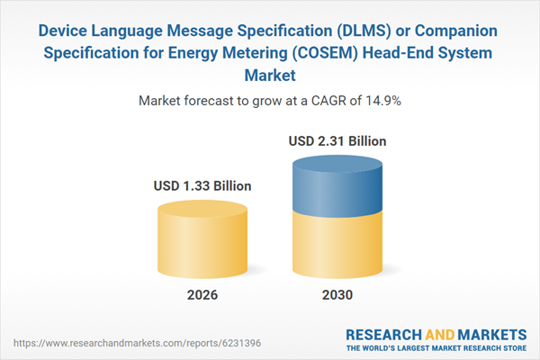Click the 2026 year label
202,295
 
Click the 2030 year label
337,295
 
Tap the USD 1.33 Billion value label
202,186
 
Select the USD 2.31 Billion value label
337,141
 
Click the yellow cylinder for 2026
202,238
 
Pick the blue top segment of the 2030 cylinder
337,184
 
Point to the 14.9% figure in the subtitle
382,102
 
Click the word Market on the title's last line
270,75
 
